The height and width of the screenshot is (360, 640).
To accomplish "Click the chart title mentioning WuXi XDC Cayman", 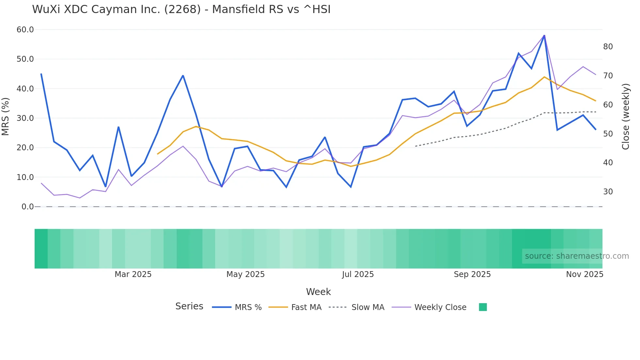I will (x=181, y=9).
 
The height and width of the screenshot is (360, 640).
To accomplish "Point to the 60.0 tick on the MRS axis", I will (x=25, y=30).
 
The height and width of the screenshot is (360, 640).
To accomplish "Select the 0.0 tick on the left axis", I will (x=27, y=207).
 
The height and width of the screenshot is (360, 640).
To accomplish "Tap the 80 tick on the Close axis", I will (x=608, y=47).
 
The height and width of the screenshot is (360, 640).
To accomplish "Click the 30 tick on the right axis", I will (x=608, y=192).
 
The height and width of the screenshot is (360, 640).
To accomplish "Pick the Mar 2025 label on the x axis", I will (x=133, y=274).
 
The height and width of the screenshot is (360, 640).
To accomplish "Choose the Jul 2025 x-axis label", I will (x=358, y=274).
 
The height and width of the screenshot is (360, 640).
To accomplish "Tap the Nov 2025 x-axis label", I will (x=584, y=274).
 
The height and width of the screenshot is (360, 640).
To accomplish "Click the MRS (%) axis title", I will (x=5, y=116).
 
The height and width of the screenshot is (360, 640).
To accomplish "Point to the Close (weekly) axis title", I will (x=625, y=116).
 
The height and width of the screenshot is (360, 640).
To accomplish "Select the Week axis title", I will (x=318, y=292).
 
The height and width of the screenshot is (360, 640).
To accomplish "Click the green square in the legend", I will (x=483, y=307).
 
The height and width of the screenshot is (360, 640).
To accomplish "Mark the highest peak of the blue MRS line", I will (x=544, y=35).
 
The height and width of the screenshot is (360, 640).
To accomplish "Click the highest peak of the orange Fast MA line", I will (x=544, y=77).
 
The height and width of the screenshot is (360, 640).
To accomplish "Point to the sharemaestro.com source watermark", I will (x=577, y=256).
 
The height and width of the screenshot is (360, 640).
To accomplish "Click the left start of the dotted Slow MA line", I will (x=415, y=146).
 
